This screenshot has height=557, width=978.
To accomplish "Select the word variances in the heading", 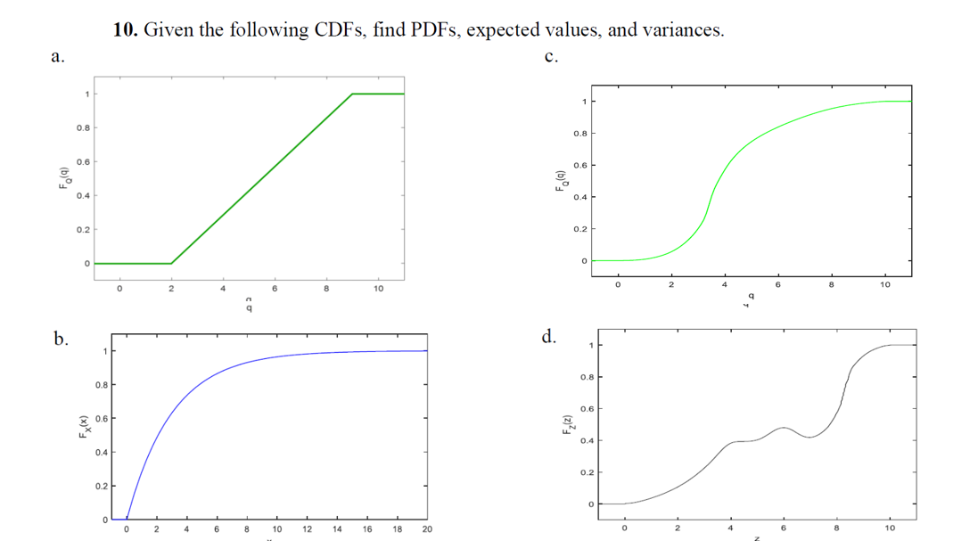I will [x=682, y=30].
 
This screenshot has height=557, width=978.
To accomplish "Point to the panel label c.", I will [x=551, y=56].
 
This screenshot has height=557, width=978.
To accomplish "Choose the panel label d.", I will [x=549, y=337].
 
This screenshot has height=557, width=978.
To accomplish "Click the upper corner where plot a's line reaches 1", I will [x=353, y=94].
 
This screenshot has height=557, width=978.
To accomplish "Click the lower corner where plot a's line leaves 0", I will [x=171, y=264].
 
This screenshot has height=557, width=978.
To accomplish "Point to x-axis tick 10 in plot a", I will [x=379, y=289].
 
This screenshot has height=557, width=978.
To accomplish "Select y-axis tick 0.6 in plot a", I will [x=82, y=161].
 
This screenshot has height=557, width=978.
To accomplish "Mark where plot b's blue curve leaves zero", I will [x=127, y=519].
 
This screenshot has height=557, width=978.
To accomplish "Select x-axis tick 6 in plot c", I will [x=778, y=285].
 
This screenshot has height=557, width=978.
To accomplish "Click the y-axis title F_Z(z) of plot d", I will [x=563, y=424].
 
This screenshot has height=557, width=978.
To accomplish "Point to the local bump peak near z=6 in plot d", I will [x=783, y=428].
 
